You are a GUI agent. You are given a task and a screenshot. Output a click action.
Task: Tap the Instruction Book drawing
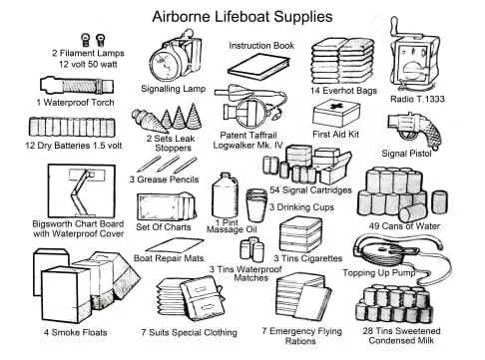(x=258, y=67)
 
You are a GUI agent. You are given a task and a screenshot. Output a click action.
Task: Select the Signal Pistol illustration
(x=416, y=131)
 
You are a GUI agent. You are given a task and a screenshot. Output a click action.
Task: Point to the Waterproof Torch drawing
(x=77, y=86)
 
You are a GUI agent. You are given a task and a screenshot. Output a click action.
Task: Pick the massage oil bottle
(x=225, y=195)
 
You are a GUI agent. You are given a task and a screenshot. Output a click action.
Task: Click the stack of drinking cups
(x=256, y=205)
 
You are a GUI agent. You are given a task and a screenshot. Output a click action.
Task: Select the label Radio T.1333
(x=417, y=99)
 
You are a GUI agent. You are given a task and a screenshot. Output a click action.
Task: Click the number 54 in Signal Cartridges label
(x=274, y=189)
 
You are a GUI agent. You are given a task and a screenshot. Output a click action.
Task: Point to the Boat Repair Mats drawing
(x=175, y=245)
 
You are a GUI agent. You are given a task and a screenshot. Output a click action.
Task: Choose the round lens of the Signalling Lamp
(x=165, y=65)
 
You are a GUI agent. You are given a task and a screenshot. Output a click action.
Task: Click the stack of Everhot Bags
(x=342, y=62)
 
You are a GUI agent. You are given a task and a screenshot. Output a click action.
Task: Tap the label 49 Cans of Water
(x=404, y=226)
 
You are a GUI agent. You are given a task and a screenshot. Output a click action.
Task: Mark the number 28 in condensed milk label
(x=368, y=331)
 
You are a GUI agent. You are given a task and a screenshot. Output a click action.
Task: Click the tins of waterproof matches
(x=252, y=249)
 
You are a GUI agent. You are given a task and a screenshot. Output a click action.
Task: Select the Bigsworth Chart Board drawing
(x=82, y=190)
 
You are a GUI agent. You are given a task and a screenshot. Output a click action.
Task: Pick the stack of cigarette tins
(x=300, y=234)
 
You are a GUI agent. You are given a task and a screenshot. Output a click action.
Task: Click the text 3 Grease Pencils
(x=164, y=180)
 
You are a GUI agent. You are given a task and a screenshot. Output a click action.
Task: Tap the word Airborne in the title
(x=181, y=17)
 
